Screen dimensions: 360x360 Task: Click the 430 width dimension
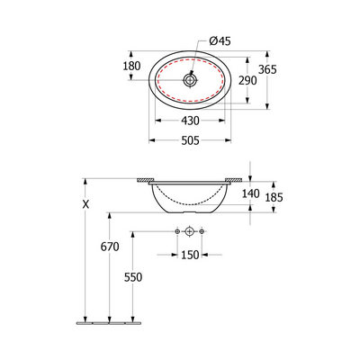tap(188, 121)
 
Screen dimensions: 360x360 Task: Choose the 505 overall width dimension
tap(188, 139)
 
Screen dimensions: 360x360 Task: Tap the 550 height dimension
tap(133, 277)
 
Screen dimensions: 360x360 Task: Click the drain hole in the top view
tap(189, 79)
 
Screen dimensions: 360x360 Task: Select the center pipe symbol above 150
tap(189, 233)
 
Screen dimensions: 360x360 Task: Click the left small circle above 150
tap(176, 233)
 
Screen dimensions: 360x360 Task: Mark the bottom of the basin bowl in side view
tap(189, 214)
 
